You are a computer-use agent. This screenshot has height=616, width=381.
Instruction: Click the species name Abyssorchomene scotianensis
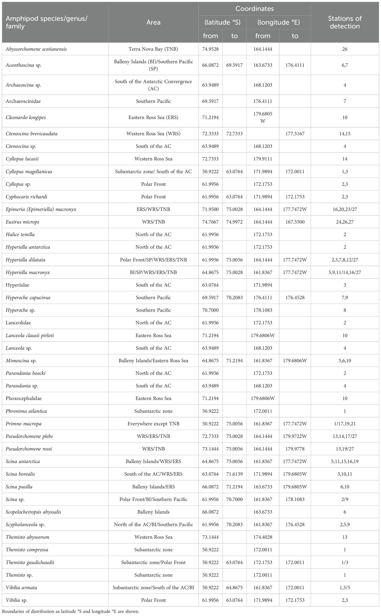(36, 49)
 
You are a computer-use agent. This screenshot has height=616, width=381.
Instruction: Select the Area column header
(153, 22)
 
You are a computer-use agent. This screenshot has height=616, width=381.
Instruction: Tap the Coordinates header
(254, 9)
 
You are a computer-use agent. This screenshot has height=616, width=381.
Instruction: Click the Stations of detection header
(344, 22)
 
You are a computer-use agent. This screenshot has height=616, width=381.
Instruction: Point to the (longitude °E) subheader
(278, 22)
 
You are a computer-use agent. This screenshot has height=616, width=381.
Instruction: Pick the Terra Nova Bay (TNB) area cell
(153, 49)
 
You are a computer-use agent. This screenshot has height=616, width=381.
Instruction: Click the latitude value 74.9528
(210, 49)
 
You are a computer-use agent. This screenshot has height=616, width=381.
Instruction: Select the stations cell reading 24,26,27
(344, 222)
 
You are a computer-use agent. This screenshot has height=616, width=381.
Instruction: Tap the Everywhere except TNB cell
(153, 423)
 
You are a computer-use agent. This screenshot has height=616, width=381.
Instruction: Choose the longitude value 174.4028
(263, 537)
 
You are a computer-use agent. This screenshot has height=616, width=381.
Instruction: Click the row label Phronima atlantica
(26, 411)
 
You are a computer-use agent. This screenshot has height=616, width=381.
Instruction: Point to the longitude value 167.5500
(295, 222)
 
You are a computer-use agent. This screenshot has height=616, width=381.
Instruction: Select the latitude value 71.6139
(234, 474)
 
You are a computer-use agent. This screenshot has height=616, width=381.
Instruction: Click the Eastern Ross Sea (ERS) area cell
(153, 117)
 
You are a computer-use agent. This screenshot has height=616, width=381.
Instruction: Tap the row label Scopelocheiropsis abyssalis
(33, 512)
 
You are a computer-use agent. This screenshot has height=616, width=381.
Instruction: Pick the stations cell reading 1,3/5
(344, 587)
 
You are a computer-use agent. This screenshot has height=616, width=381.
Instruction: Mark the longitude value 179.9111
(263, 159)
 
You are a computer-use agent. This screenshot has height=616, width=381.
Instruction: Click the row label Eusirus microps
(22, 222)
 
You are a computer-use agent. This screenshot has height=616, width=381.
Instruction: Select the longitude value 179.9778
(295, 449)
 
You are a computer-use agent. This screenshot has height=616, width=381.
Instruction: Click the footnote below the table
(70, 611)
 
